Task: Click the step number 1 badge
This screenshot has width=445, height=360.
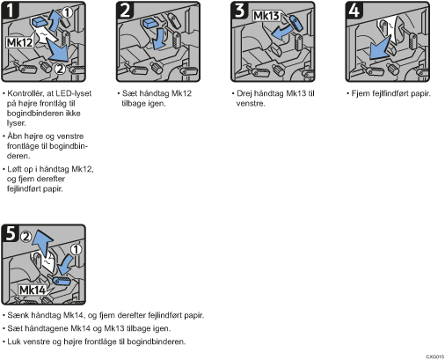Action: [x=11, y=11]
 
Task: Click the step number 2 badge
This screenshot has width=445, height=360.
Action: [x=125, y=11]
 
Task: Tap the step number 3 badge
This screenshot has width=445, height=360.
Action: [x=240, y=11]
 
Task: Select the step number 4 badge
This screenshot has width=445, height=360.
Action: [x=354, y=11]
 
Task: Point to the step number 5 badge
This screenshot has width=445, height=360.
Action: [x=11, y=233]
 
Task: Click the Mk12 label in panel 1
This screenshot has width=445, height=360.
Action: [x=19, y=42]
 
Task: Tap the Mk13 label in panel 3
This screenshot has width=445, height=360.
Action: [x=266, y=16]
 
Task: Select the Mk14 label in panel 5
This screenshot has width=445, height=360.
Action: [x=33, y=290]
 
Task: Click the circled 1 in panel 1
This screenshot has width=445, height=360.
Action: [x=67, y=12]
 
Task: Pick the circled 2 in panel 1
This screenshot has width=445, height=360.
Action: [x=60, y=69]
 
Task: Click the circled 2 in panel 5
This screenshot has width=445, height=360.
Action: [x=26, y=237]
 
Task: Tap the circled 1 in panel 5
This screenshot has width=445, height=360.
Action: [x=76, y=250]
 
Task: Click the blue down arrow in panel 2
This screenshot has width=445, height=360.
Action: [x=158, y=38]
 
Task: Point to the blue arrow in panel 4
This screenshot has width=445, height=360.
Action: [x=379, y=48]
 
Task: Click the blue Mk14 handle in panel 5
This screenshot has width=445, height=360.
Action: [x=62, y=281]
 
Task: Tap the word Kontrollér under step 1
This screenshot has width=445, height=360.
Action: [x=26, y=93]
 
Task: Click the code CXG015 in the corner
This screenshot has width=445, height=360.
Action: [x=435, y=356]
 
